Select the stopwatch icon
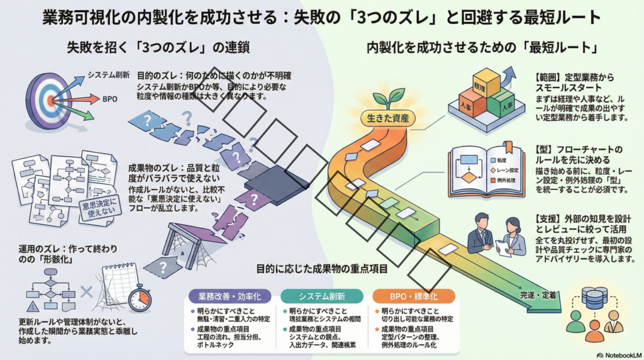click(139, 298)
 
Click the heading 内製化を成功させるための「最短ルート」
click(481, 47)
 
